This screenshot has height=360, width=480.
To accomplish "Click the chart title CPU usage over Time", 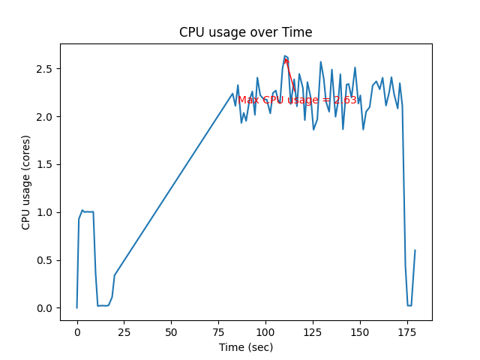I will coord(245,32).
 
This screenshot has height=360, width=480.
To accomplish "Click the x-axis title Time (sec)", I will coord(245,347).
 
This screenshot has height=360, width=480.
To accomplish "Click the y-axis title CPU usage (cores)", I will coord(26,182).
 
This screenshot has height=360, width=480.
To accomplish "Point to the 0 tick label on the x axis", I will coord(76,331).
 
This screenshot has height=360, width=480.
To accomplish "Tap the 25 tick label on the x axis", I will coord(124,331).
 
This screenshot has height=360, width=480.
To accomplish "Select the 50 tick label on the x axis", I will coord(171,331).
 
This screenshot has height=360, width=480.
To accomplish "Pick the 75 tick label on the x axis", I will coord(218,331).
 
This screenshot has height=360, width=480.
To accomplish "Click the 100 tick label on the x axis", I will coord(265,331).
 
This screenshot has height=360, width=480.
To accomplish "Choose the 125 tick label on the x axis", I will coord(313,331).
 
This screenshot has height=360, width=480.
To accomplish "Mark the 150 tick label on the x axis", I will coord(360,331).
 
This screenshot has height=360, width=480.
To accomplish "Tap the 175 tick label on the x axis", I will coord(407,331).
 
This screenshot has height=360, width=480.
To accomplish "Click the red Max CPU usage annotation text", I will coord(298,100).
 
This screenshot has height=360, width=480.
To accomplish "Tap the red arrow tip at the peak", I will coord(286,57).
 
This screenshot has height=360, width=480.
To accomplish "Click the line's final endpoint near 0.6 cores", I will coord(415,250).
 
